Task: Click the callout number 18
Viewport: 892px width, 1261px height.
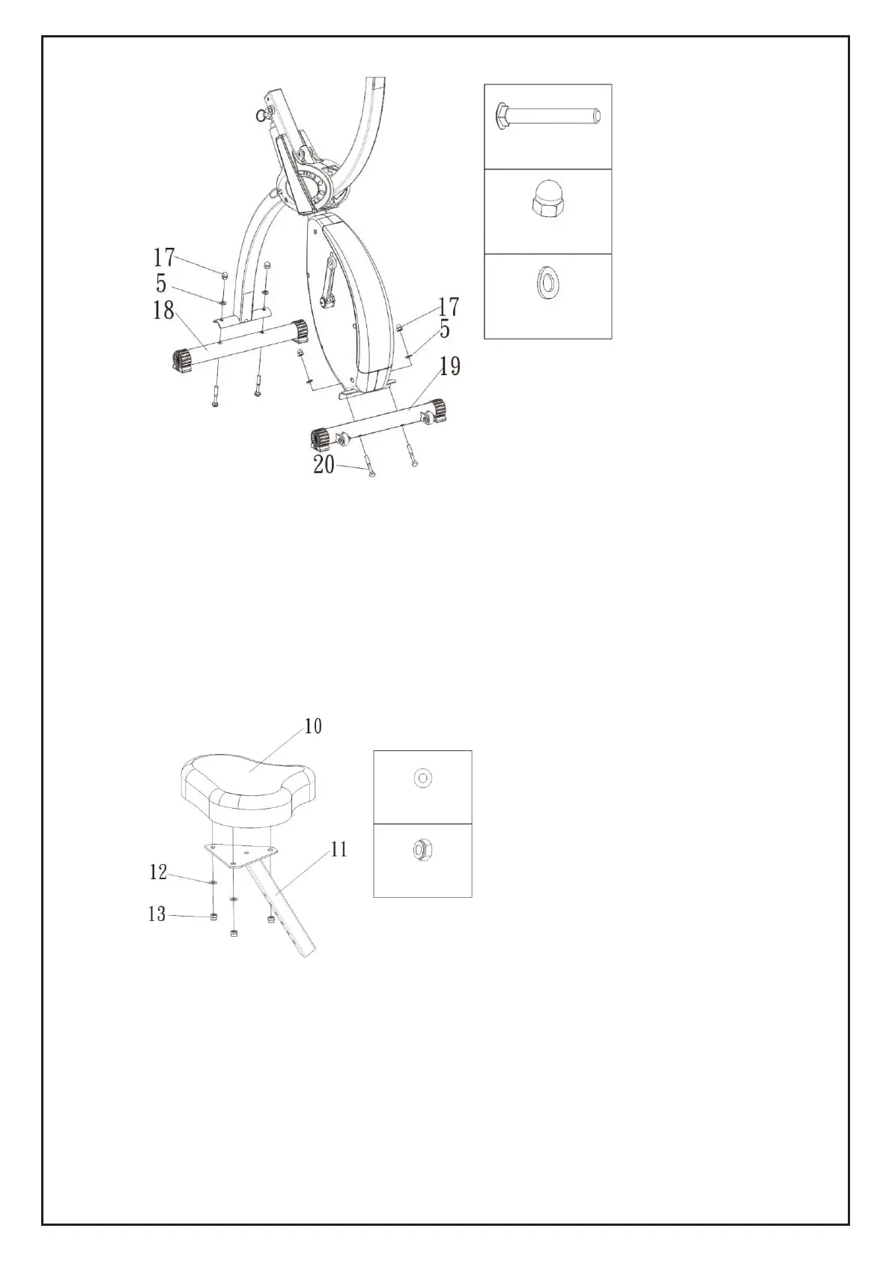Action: (x=163, y=309)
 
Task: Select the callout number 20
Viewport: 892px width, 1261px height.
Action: (x=324, y=465)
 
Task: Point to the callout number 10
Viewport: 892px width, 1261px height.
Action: (x=313, y=726)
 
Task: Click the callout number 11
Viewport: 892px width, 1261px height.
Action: (x=339, y=849)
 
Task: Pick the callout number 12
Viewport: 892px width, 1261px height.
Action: (x=157, y=872)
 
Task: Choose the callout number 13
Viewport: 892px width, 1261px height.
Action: (x=157, y=914)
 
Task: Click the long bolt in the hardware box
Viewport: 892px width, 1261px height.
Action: (x=548, y=116)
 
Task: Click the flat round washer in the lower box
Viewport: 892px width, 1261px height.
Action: (x=422, y=779)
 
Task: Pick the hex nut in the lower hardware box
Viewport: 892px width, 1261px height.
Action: (x=422, y=850)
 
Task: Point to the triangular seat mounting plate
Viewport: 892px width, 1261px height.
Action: (x=241, y=854)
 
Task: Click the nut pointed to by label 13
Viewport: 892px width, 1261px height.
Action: (x=214, y=917)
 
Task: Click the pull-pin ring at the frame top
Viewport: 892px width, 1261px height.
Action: (x=261, y=114)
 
